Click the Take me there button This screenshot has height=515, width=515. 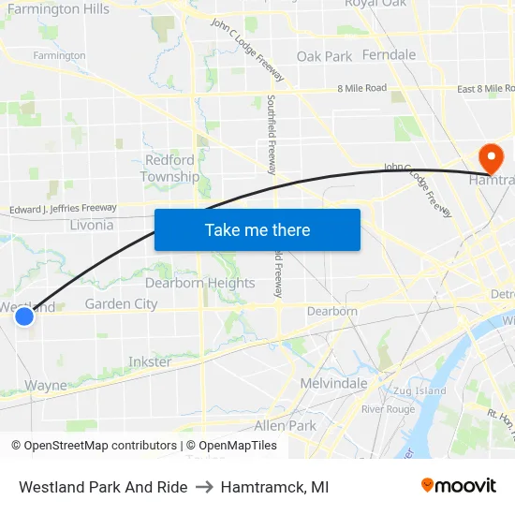coord(257,229)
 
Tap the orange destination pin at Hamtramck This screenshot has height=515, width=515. coord(489,155)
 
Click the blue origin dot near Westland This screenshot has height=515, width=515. coord(24,317)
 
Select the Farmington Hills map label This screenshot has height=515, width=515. coord(58,9)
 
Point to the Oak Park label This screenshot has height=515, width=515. coord(324,56)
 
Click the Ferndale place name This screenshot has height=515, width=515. coord(389,54)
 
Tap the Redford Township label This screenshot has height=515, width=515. coord(169,169)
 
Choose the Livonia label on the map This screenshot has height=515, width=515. coord(92,225)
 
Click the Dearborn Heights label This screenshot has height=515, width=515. coord(199,283)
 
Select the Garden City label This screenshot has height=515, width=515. coord(121,303)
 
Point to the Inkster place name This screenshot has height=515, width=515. coord(150,361)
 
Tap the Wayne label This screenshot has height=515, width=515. coord(46,385)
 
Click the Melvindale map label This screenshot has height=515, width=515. coord(333,384)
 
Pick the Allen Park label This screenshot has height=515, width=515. coord(286,425)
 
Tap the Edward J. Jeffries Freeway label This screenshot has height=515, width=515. coord(63,209)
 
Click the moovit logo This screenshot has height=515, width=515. coord(459,486)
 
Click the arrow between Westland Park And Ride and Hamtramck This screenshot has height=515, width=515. coord(203,487)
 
